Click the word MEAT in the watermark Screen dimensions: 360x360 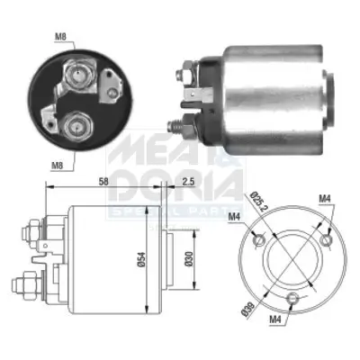pos(148,148)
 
